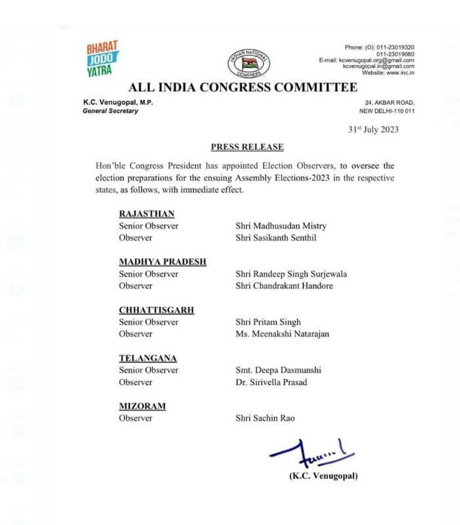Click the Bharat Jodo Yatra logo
click(x=103, y=58)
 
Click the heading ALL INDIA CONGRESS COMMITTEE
click(x=243, y=88)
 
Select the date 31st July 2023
click(x=373, y=129)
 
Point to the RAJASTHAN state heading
click(x=147, y=214)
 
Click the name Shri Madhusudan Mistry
click(x=281, y=225)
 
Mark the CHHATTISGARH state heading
click(x=156, y=310)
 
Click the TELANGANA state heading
click(x=149, y=359)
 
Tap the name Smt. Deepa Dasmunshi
click(x=278, y=371)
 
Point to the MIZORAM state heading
click(x=142, y=407)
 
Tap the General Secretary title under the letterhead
click(x=110, y=111)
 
